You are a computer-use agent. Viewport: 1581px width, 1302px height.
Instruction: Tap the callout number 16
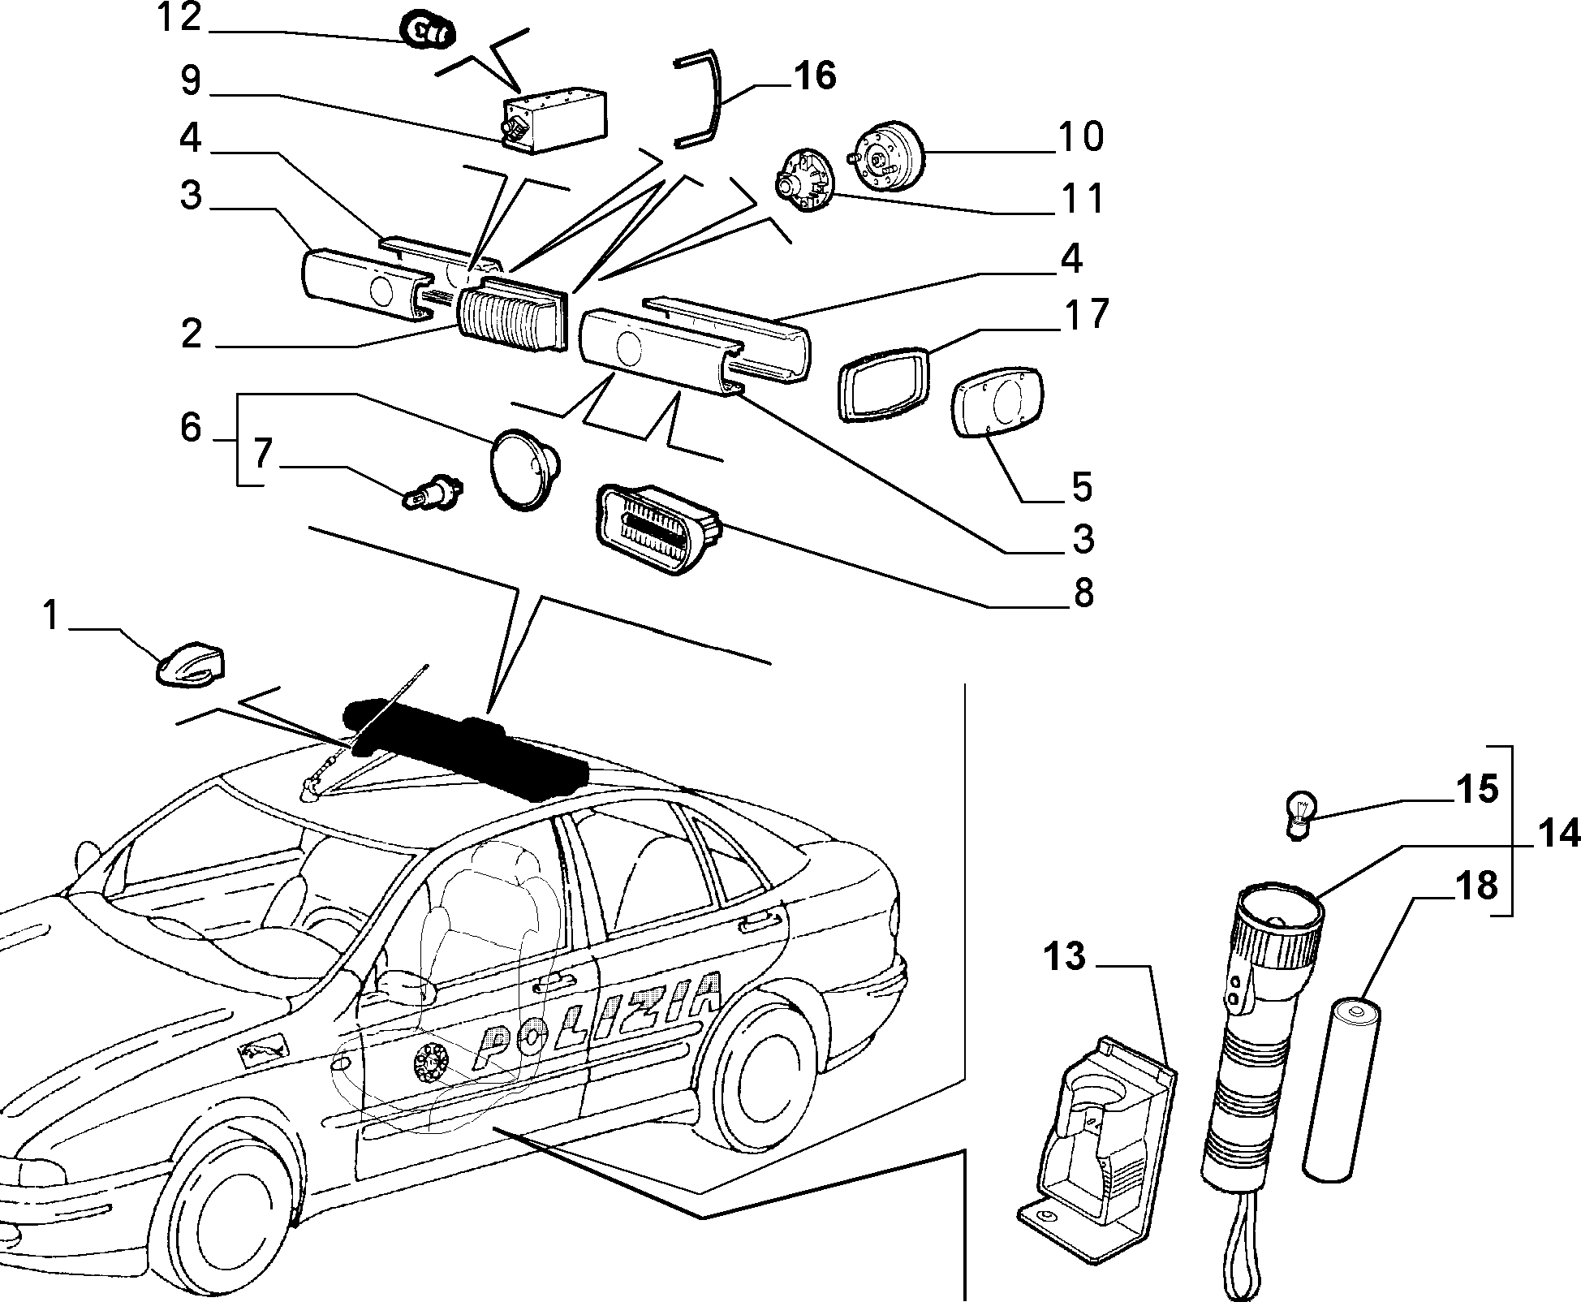click(x=813, y=76)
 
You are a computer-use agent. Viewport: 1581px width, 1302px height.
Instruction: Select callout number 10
click(x=1080, y=136)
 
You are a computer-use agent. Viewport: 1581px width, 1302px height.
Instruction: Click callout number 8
click(x=1083, y=593)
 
